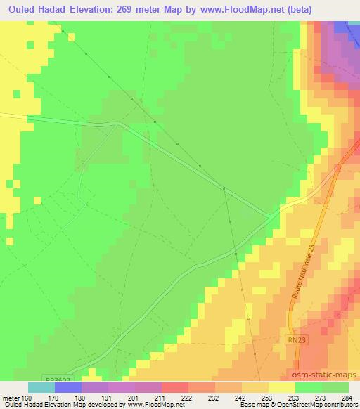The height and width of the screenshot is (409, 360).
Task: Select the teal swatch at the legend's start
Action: click(41, 387)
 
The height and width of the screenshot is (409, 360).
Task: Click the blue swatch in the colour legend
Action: click(67, 387)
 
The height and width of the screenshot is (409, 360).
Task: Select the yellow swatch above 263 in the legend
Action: click(281, 387)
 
